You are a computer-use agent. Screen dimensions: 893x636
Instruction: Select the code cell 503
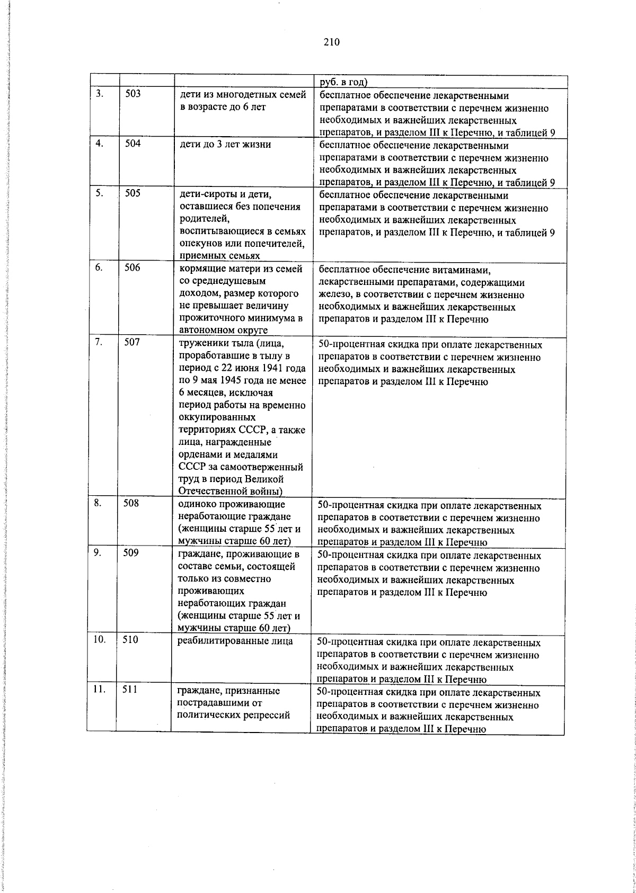[x=133, y=94]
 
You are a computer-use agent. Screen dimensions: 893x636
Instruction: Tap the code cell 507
[x=132, y=343]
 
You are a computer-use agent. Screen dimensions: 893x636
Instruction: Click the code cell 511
[x=130, y=690]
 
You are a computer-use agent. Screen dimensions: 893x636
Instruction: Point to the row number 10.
[x=99, y=640]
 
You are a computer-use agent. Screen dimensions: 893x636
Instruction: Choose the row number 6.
[x=99, y=268]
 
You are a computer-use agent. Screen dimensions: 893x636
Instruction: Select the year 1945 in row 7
[x=232, y=380]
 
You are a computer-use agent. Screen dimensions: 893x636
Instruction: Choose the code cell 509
[x=131, y=553]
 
